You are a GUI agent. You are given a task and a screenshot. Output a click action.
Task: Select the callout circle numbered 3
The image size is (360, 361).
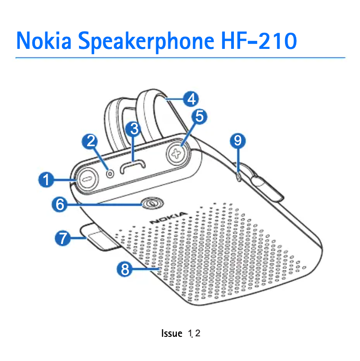(133, 129)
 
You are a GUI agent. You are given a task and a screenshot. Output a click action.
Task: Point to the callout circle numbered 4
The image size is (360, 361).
(192, 98)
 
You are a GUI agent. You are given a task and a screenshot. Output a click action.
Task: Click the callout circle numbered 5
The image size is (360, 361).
(199, 117)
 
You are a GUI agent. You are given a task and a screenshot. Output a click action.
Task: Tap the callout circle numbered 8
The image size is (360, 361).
(125, 269)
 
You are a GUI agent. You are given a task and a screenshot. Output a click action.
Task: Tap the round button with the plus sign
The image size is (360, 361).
(179, 152)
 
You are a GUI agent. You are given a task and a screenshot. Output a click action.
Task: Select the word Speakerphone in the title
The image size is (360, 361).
(146, 41)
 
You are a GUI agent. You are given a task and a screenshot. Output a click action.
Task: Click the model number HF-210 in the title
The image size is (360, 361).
(259, 41)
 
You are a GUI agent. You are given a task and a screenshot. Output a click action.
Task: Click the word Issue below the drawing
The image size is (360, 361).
(171, 334)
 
